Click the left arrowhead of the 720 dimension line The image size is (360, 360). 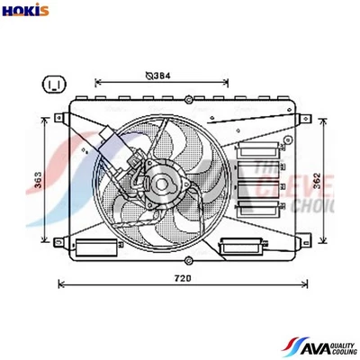coord(60,284)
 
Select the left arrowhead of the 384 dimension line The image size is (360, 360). coord(97,85)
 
